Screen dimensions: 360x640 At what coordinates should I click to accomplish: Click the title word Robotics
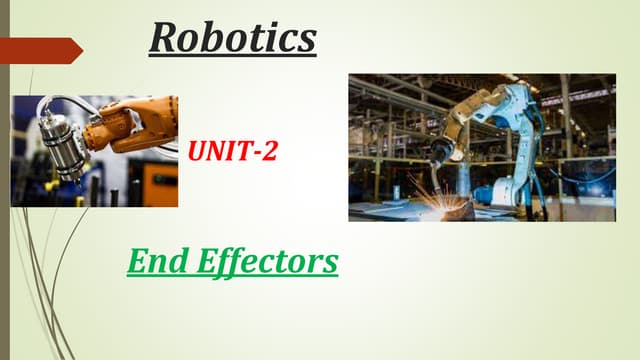(233, 37)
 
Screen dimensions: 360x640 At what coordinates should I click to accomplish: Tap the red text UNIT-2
(232, 153)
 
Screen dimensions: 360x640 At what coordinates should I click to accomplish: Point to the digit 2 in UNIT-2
(269, 153)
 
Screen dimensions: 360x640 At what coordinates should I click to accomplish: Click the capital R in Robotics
(165, 37)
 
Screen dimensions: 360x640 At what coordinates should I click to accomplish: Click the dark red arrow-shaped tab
(40, 49)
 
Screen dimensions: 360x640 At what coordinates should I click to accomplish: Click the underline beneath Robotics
(233, 55)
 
